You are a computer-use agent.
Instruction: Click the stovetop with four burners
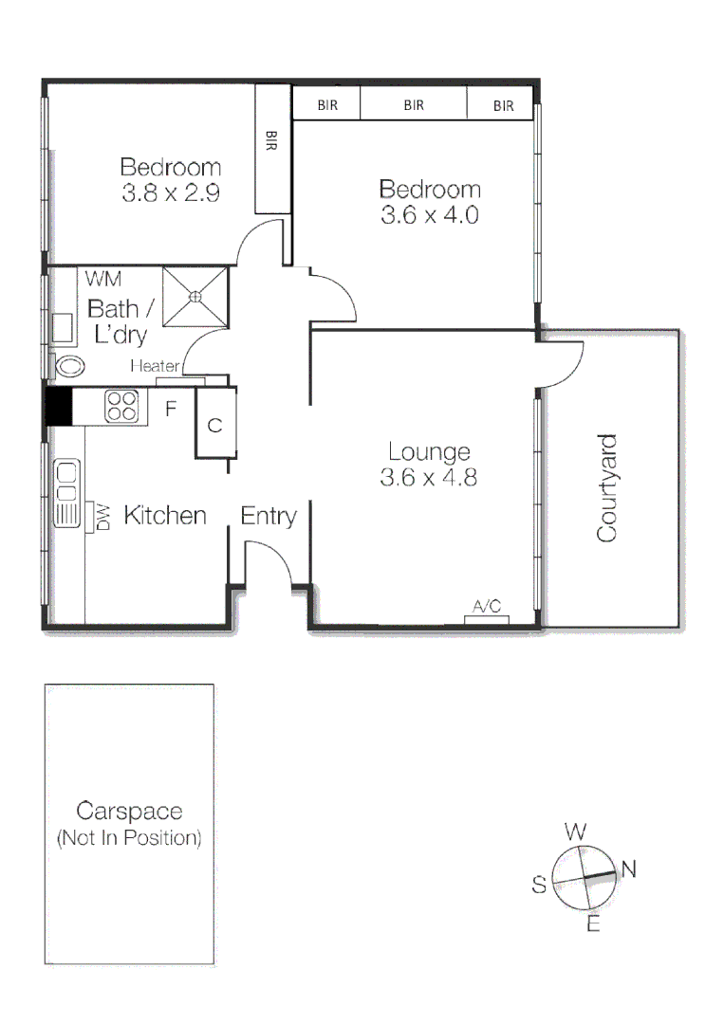[x=121, y=406]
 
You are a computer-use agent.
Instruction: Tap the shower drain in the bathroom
[x=195, y=296]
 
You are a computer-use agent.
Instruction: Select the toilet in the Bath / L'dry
[x=69, y=365]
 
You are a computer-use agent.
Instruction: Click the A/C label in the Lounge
[x=486, y=607]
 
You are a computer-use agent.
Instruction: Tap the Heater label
[x=155, y=366]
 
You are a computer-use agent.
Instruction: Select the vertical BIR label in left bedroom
[x=271, y=143]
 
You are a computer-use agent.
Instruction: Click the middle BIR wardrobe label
[x=413, y=105]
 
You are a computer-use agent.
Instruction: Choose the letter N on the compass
[x=627, y=867]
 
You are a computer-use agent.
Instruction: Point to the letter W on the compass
[x=575, y=832]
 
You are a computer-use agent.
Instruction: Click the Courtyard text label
[x=606, y=488]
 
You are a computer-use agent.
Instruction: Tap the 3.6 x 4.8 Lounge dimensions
[x=428, y=478]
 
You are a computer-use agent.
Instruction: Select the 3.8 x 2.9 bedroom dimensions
[x=171, y=193]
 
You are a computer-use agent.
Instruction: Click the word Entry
[x=269, y=516]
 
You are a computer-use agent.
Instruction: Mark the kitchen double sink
[x=65, y=493]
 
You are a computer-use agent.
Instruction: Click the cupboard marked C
[x=214, y=425]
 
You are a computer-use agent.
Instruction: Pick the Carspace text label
[x=129, y=812]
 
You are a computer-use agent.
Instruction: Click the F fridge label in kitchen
[x=171, y=410]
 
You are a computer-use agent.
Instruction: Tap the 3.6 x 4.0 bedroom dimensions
[x=429, y=214]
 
